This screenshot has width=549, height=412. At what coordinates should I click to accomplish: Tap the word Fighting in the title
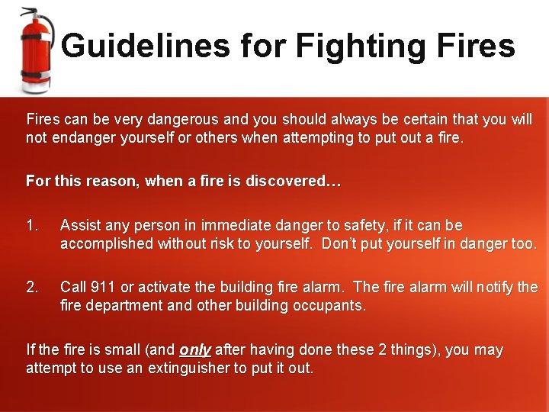point(355,46)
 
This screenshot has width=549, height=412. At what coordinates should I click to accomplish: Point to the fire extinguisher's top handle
point(30,13)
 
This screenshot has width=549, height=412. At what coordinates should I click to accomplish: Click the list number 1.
point(31,226)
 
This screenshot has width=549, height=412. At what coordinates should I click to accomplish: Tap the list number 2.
point(31,288)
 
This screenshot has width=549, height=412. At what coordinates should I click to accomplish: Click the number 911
point(103,288)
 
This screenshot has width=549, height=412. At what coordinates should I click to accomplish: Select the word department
point(121,306)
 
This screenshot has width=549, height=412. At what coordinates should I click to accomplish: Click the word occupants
point(331,306)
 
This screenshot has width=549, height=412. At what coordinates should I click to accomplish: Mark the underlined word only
point(195,350)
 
